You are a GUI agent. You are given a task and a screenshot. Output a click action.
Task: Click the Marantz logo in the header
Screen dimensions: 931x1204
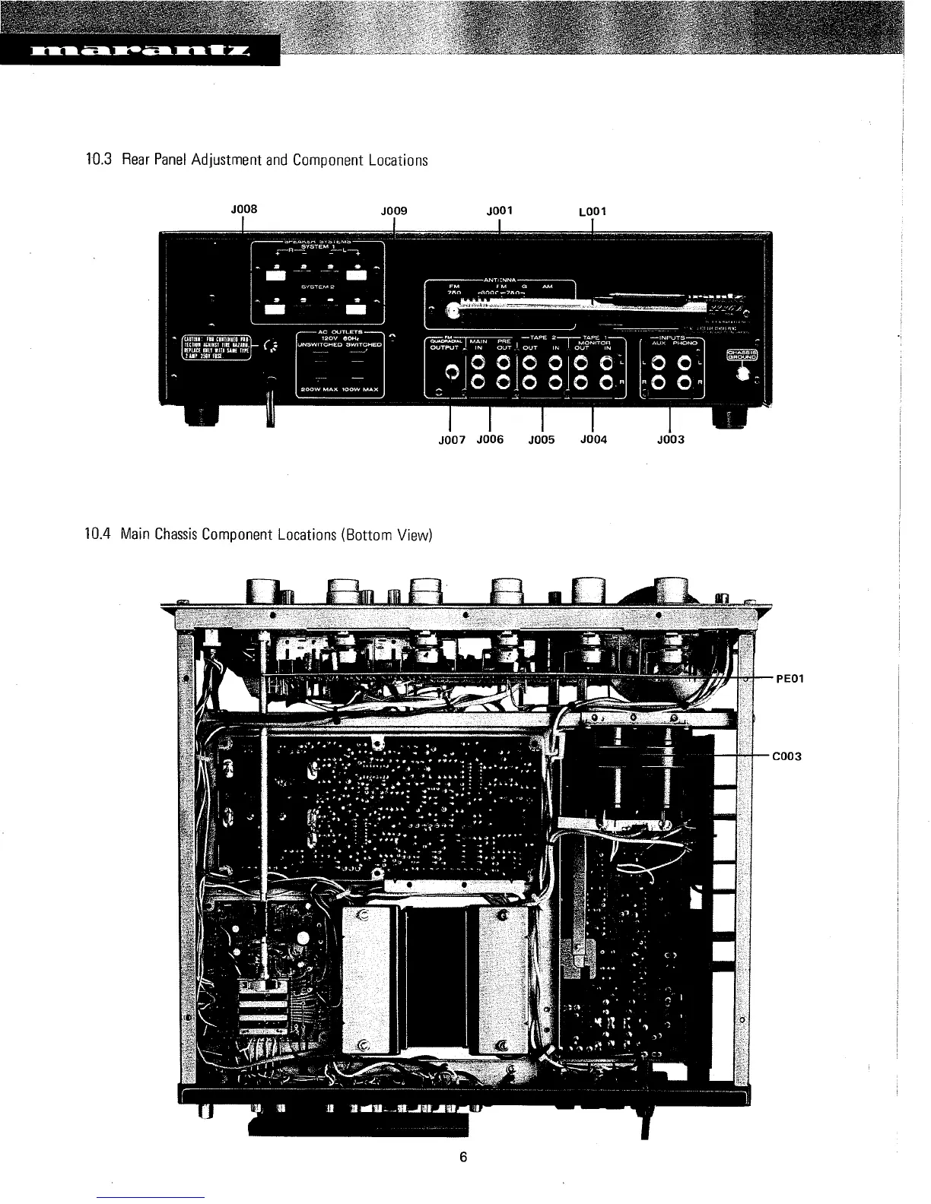(140, 52)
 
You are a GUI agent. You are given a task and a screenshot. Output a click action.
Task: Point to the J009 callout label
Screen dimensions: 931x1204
(394, 211)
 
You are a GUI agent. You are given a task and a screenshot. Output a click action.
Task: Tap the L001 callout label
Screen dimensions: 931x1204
(593, 211)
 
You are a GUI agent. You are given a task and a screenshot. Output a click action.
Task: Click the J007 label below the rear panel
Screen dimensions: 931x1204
(451, 439)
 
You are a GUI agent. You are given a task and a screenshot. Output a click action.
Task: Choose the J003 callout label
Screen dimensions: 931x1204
(669, 439)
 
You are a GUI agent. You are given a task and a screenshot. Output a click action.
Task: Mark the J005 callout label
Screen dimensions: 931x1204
(542, 439)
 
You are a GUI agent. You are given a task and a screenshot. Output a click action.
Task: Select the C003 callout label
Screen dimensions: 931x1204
(787, 756)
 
